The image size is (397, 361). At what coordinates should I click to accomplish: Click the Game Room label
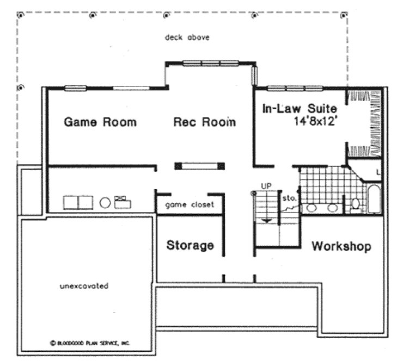[x=100, y=122]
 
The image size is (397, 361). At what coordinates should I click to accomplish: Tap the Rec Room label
[x=204, y=122]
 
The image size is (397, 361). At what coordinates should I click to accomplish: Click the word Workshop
[x=341, y=246]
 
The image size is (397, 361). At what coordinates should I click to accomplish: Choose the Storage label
[x=190, y=245]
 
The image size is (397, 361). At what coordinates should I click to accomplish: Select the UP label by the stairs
[x=266, y=186]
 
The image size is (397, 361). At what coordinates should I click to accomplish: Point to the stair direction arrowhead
[x=266, y=219]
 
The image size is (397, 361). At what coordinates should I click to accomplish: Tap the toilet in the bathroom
[x=356, y=204]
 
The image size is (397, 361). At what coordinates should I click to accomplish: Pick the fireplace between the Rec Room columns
[x=199, y=166]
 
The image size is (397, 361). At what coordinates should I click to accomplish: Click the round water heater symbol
[x=106, y=203]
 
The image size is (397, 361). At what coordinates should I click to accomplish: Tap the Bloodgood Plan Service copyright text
[x=90, y=343]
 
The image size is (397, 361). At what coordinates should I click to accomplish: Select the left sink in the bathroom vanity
[x=312, y=208]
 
